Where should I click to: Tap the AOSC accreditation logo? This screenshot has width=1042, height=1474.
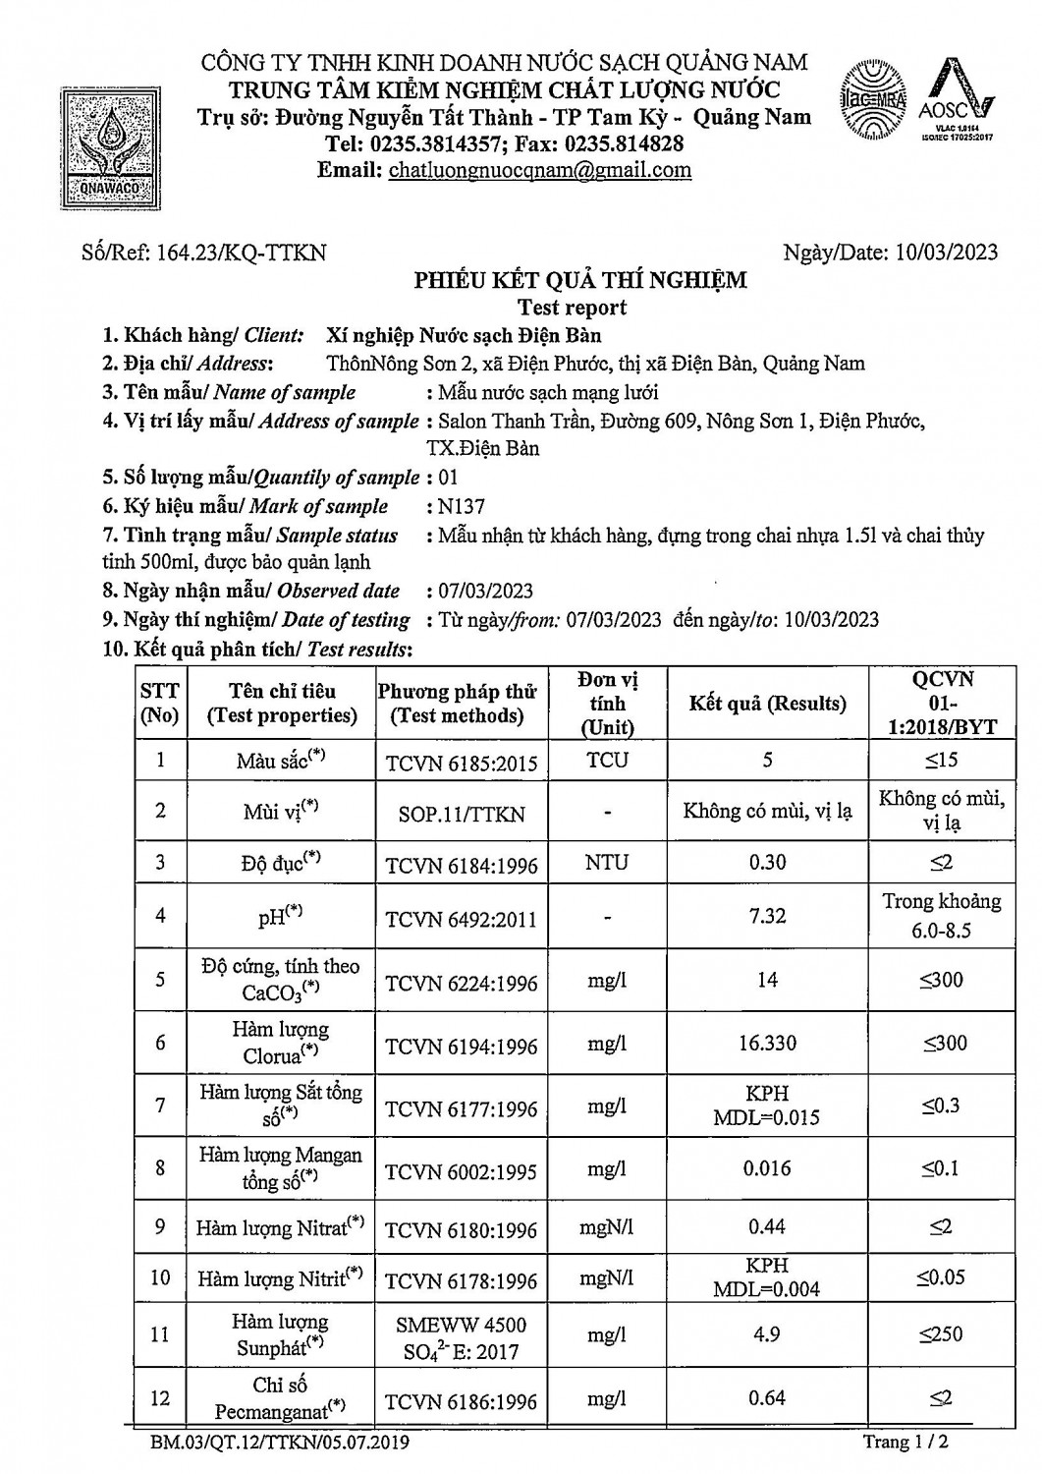[958, 103]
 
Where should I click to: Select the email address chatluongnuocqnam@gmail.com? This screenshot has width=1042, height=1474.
[540, 170]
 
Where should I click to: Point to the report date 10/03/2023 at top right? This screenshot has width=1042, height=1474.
[947, 253]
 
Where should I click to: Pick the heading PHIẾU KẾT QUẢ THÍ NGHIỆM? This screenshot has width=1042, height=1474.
[579, 281]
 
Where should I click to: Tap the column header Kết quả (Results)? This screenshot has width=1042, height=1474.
[767, 704]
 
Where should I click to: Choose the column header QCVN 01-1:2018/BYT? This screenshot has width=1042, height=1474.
[943, 704]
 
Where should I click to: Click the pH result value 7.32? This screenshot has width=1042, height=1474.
[767, 916]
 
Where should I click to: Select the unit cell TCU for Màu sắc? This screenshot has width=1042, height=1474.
[608, 761]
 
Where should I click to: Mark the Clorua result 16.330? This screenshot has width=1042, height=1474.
[767, 1044]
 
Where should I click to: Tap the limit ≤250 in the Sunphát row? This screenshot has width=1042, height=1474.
[942, 1334]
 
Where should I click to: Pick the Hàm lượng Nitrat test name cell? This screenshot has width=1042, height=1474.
[280, 1228]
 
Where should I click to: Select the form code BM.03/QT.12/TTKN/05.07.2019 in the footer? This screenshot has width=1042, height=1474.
[280, 1444]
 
